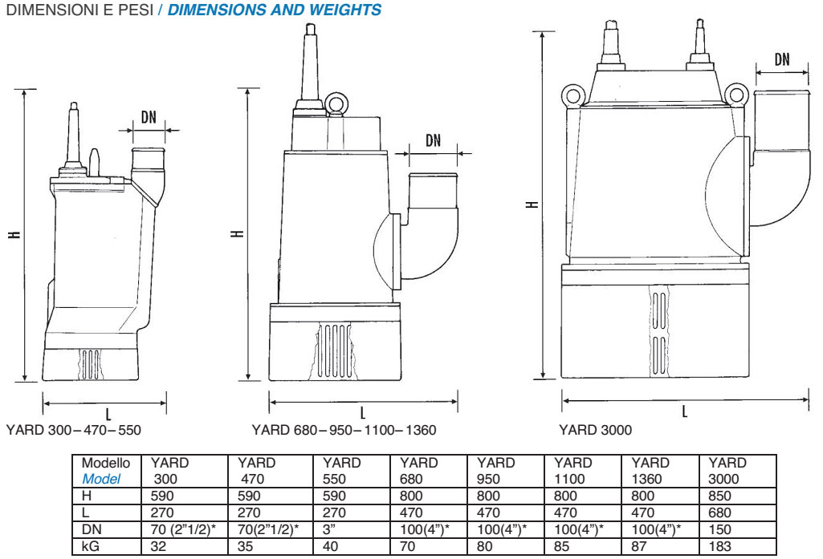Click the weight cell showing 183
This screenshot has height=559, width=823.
pos(719,546)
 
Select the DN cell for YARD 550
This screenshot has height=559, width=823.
pos(329,529)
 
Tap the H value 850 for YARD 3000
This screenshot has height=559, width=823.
pos(719,496)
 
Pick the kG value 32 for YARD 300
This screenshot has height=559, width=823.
pos(158,546)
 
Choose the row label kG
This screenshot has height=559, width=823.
pos(90,546)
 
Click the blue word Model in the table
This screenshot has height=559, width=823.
pos(101,479)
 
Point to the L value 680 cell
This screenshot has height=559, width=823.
pos(719,512)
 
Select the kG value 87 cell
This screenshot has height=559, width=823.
pos(639,546)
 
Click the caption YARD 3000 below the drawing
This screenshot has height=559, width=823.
pos(595,430)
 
